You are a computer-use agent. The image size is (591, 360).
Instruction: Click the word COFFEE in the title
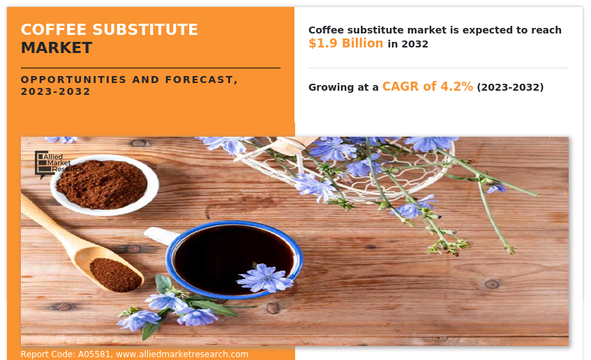point(54,30)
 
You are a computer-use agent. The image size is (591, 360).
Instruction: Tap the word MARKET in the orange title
point(57,48)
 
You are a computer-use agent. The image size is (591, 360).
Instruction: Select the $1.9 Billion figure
point(345,43)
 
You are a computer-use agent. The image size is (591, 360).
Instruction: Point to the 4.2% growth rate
point(456,87)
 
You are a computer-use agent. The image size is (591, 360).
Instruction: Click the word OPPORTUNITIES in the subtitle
point(73,80)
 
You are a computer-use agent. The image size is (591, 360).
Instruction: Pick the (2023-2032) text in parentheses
point(510,87)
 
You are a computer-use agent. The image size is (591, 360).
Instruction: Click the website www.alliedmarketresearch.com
point(182,354)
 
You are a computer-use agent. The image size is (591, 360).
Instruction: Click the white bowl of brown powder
point(105,185)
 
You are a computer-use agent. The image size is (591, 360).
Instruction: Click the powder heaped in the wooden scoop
point(115,274)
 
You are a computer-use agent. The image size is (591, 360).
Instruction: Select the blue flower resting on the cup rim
point(264,278)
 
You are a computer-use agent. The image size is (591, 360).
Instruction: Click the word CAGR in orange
point(401,87)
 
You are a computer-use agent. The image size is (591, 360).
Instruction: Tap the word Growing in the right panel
point(331,87)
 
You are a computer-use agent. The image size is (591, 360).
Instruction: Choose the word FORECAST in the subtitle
point(201,80)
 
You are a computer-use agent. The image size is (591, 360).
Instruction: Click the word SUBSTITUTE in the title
point(145,30)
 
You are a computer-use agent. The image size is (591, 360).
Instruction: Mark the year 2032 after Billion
point(415,44)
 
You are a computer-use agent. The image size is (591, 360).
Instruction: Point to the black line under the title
point(151,68)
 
